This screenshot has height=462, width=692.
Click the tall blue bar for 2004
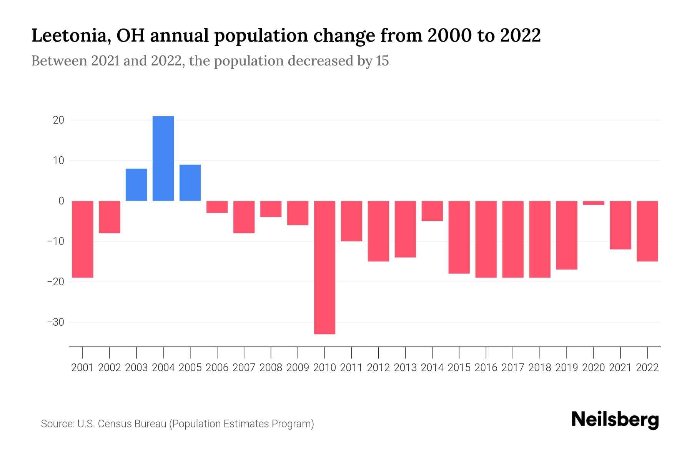(x=163, y=158)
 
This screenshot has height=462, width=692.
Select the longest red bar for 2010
(x=324, y=267)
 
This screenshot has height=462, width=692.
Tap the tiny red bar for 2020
(x=593, y=203)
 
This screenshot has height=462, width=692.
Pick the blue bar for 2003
(x=136, y=185)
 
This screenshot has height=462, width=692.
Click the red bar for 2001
(x=83, y=239)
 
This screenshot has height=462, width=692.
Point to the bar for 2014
(x=432, y=211)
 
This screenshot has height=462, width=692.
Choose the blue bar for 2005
(x=190, y=183)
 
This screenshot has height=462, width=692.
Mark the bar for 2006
(x=217, y=207)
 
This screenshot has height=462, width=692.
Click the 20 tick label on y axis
(x=58, y=120)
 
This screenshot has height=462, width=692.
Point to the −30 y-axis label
(x=55, y=322)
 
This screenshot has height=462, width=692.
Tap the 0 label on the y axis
(x=61, y=201)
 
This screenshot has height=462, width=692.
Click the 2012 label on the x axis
(x=378, y=368)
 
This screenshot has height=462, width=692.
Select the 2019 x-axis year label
(x=567, y=368)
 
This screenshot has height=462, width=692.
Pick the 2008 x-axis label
(x=271, y=368)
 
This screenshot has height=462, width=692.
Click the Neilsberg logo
(x=615, y=420)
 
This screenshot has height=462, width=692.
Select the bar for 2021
(x=620, y=225)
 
